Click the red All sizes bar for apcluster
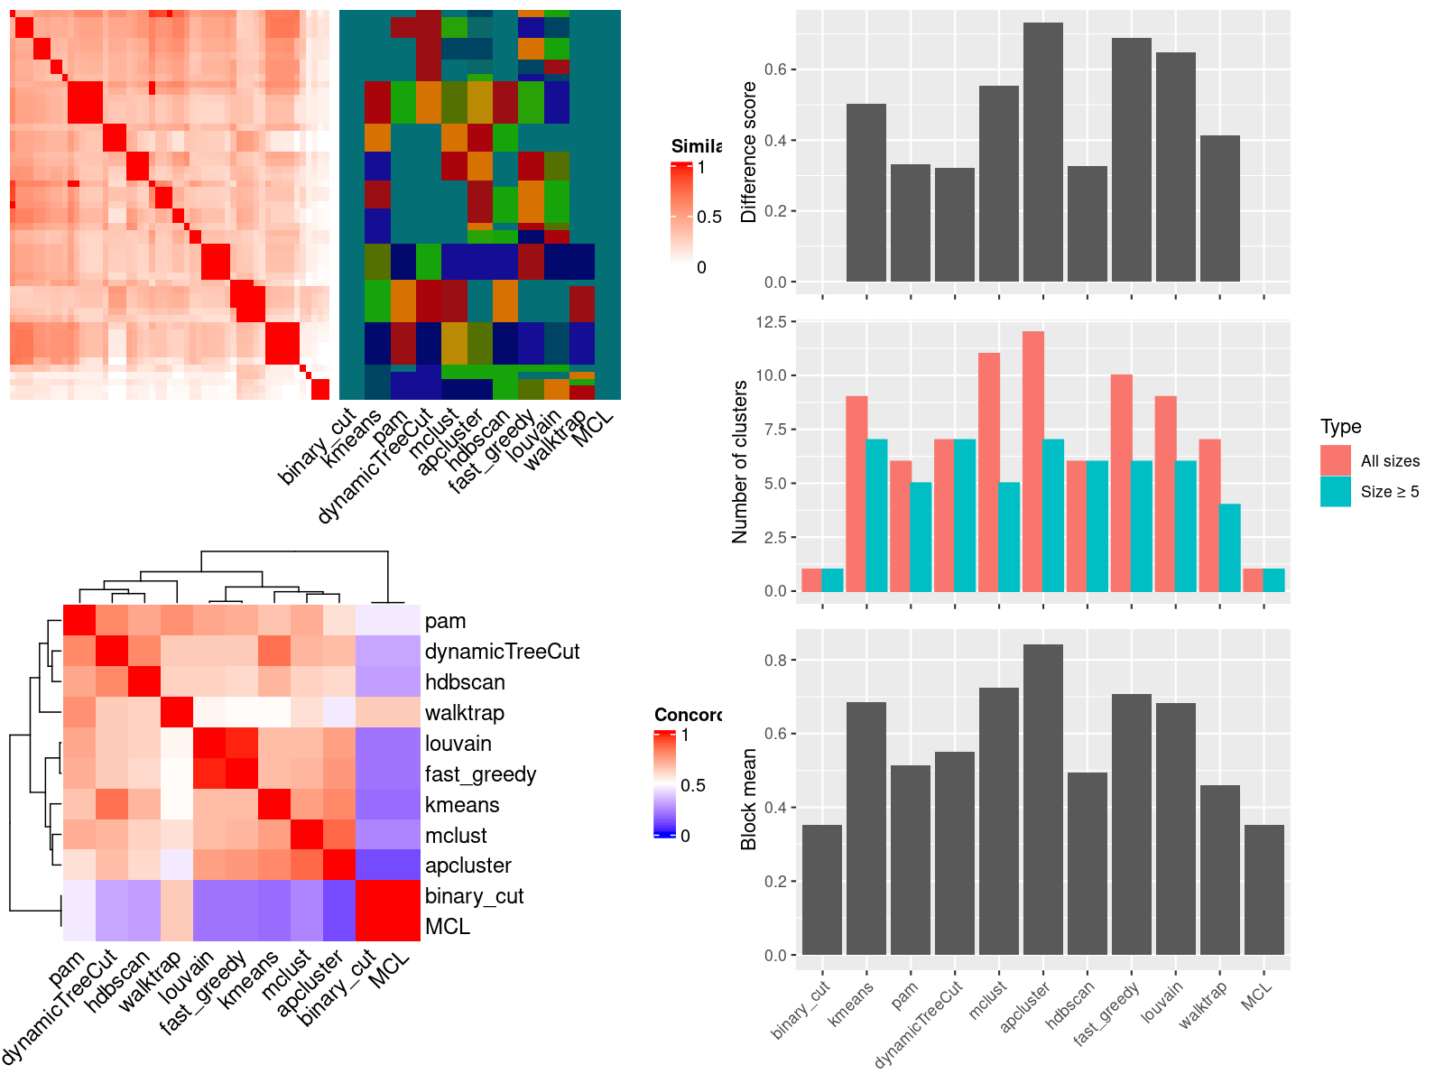1032,461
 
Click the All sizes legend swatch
1335,460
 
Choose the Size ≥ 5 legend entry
1389,492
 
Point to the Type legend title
1340,427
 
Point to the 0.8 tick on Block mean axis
775,660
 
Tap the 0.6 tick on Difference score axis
775,69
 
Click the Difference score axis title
748,152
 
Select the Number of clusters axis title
740,461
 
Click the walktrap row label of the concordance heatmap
464,713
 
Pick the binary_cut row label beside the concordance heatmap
474,896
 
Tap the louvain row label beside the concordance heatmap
458,744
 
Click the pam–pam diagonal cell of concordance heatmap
79,621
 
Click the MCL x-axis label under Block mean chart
1256,995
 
